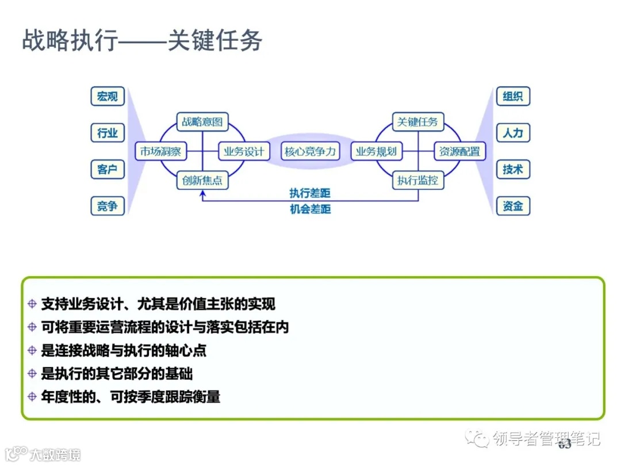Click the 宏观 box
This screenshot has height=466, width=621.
click(108, 97)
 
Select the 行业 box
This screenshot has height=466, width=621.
click(108, 133)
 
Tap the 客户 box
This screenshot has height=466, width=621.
click(108, 170)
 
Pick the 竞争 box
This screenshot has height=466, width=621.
click(108, 206)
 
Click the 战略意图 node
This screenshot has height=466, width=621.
click(202, 122)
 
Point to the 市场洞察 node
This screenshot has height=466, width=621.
click(160, 152)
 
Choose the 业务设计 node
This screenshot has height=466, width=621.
click(244, 152)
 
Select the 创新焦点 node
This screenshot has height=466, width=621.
click(202, 181)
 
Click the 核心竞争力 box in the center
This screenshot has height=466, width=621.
click(310, 152)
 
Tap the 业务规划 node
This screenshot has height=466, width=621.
click(376, 152)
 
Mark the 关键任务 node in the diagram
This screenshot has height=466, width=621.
click(418, 122)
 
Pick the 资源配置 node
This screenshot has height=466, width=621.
click(459, 152)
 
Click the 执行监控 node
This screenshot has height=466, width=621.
click(418, 181)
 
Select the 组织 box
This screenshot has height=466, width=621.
click(512, 97)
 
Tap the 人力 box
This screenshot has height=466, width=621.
click(512, 133)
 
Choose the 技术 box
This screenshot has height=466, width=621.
click(512, 170)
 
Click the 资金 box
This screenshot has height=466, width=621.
click(512, 206)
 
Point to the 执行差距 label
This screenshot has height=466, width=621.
click(310, 193)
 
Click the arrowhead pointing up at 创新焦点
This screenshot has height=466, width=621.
click(202, 195)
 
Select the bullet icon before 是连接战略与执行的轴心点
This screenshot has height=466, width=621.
click(32, 350)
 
